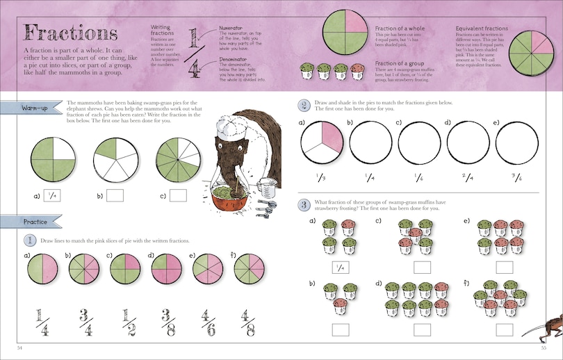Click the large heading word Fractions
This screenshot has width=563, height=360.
coord(70,33)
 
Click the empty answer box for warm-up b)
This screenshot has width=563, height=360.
coord(115,196)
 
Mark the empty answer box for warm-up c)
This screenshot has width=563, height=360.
coord(179,196)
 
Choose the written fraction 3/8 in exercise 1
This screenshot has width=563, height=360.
coord(165,322)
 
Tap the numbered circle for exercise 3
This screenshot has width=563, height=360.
coord(304,204)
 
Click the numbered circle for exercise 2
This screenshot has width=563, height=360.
coord(304,106)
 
